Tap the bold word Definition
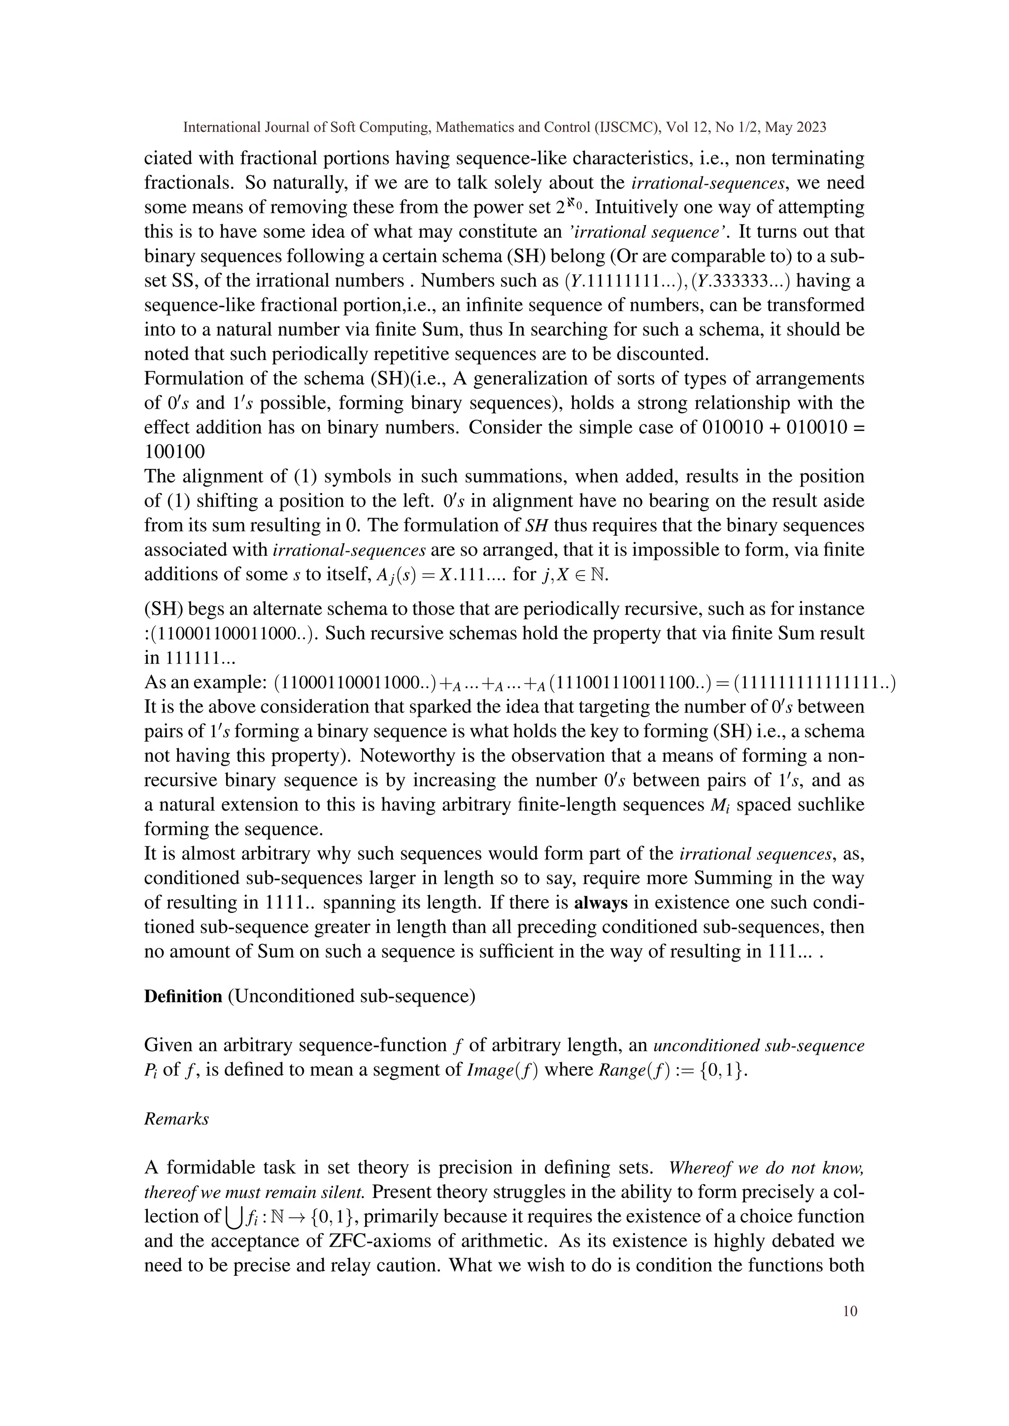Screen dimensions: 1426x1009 coord(183,996)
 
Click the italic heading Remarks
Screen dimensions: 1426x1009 coord(176,1119)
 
